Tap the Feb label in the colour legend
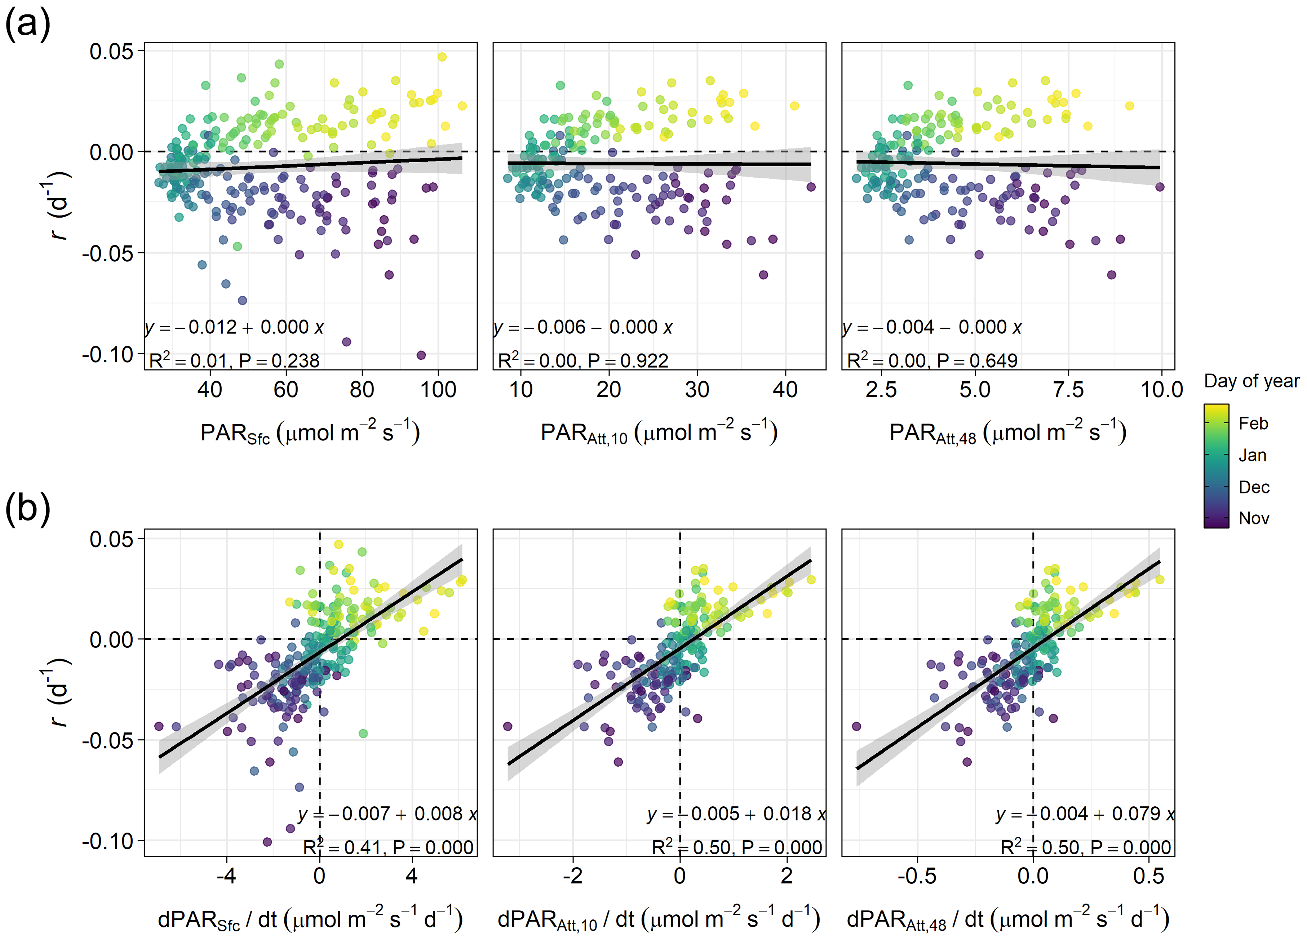pyautogui.click(x=1253, y=424)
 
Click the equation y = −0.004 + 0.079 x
pyautogui.click(x=1085, y=814)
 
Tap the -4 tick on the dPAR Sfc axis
pyautogui.click(x=226, y=877)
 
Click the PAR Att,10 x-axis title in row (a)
pyautogui.click(x=659, y=433)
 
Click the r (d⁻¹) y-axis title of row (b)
pyautogui.click(x=58, y=692)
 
